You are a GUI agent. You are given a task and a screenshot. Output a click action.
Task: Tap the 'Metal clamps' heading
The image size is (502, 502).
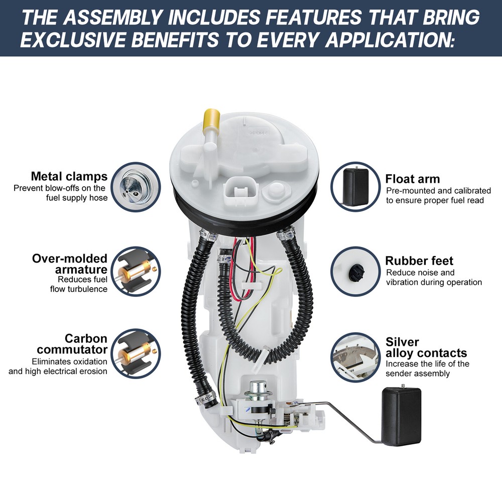point(69,176)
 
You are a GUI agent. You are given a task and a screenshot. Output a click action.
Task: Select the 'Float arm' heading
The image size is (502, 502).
point(412,179)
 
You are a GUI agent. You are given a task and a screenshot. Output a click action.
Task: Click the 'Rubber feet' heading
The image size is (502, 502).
point(419,261)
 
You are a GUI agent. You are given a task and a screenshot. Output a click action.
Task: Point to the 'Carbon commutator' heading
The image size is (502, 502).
point(72,344)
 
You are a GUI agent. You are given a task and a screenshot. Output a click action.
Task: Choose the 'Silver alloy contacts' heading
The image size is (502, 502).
point(426,347)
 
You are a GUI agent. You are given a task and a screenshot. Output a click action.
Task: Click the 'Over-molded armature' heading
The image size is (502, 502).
point(70,264)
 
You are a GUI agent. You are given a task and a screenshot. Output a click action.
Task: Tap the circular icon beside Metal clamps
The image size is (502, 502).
point(136,187)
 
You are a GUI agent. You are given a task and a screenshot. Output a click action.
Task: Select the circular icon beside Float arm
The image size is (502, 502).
point(355,187)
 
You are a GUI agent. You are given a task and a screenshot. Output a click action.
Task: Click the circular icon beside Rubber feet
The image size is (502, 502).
point(355,271)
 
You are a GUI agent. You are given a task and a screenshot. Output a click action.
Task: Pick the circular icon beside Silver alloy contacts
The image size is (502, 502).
point(355,357)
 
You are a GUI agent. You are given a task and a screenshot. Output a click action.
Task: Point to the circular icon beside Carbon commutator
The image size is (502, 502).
point(136,354)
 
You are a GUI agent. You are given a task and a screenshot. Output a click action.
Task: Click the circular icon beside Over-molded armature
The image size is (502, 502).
point(136,272)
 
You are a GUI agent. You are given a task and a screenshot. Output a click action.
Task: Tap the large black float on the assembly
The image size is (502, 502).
point(401,416)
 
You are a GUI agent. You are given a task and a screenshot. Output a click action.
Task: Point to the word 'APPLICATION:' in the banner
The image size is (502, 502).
point(390,40)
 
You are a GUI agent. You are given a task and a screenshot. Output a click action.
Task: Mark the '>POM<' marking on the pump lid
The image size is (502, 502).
point(258,132)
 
